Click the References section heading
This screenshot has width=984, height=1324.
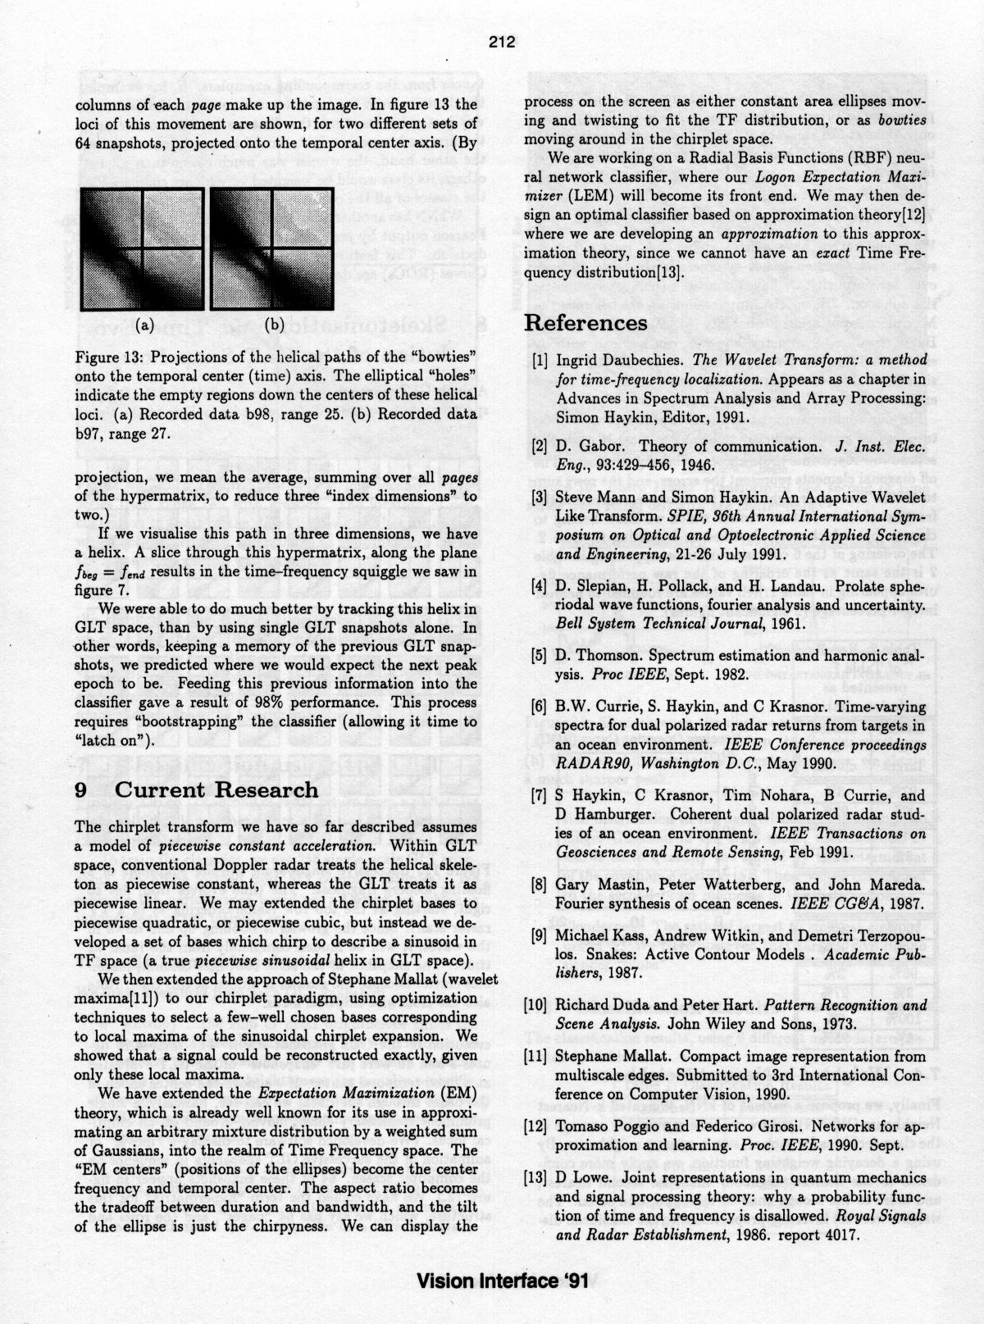click(x=585, y=323)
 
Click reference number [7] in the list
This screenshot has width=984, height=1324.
click(x=538, y=795)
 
